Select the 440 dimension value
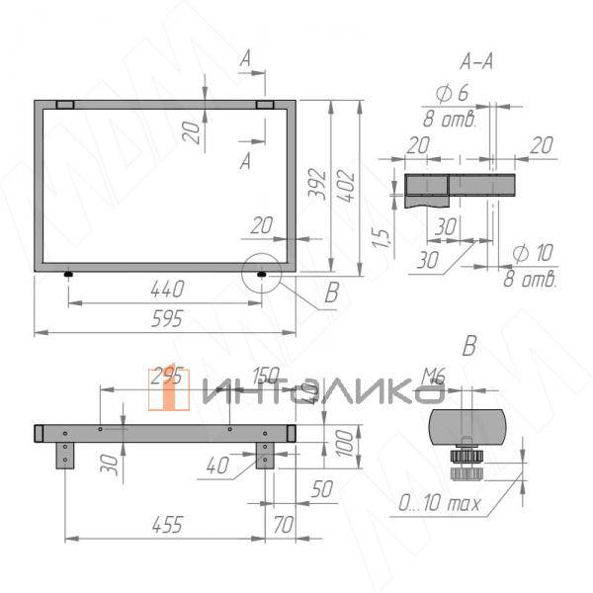(x=167, y=291)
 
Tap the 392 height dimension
(x=317, y=184)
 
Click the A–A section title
(x=476, y=62)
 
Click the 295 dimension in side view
(x=165, y=375)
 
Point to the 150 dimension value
(x=264, y=376)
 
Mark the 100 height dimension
(x=343, y=443)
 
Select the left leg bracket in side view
(x=66, y=456)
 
